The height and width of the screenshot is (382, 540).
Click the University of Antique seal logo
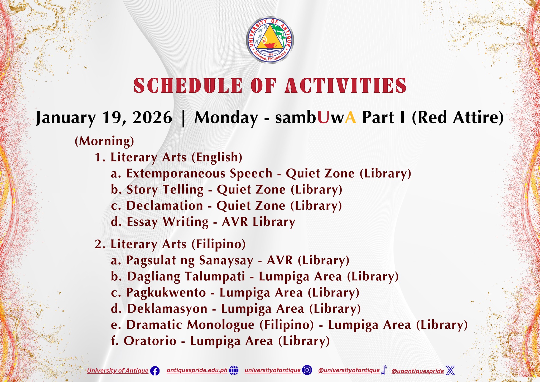pyautogui.click(x=270, y=40)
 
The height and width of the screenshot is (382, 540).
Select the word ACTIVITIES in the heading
pyautogui.click(x=346, y=85)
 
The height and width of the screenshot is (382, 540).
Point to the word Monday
pyautogui.click(x=226, y=118)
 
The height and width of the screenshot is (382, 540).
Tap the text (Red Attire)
pyautogui.click(x=458, y=118)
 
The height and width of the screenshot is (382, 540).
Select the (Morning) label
pyautogui.click(x=104, y=141)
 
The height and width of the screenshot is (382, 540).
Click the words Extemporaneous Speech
pyautogui.click(x=199, y=174)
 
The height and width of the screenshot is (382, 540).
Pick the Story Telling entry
pyautogui.click(x=165, y=190)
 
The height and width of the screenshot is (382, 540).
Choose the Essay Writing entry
pyautogui.click(x=168, y=222)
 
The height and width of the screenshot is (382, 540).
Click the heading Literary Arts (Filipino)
pyautogui.click(x=178, y=244)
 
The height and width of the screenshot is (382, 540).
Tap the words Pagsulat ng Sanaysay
pyautogui.click(x=190, y=260)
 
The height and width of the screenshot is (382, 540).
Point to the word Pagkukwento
pyautogui.click(x=166, y=293)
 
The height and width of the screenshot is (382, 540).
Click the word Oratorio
pyautogui.click(x=150, y=341)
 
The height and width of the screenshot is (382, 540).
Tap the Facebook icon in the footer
pyautogui.click(x=155, y=371)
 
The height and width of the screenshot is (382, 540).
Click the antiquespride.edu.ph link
pyautogui.click(x=197, y=370)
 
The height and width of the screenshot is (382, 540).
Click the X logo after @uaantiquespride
pyautogui.click(x=450, y=370)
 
